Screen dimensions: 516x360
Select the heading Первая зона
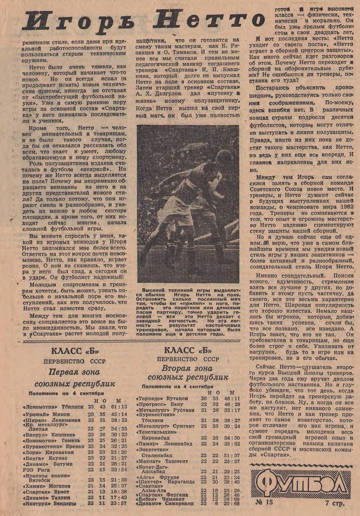[74, 372]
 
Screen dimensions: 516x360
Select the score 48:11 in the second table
[232, 399]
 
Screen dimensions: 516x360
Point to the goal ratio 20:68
[232, 503]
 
